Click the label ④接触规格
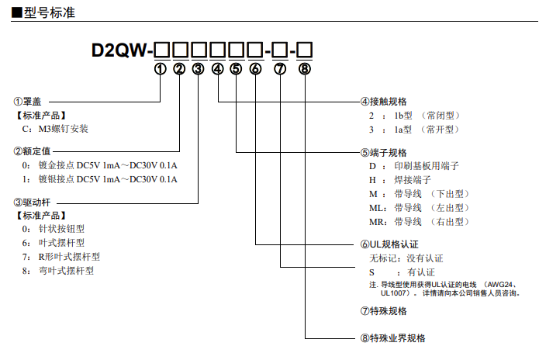[x=384, y=102]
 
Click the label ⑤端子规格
[x=384, y=152]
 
